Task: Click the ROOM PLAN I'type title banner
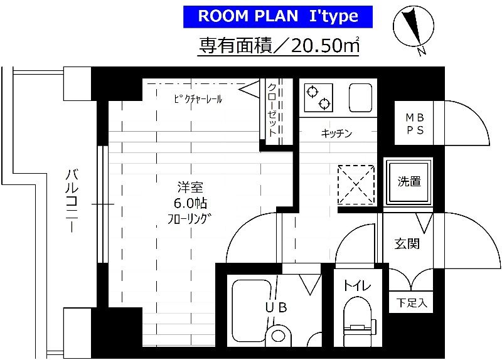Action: click(279, 16)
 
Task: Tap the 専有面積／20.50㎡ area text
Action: click(279, 45)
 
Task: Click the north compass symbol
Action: click(411, 29)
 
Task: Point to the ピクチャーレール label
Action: click(198, 99)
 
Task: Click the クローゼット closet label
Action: click(272, 110)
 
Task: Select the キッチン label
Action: click(336, 133)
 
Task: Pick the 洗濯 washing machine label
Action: click(409, 182)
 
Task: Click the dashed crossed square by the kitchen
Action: click(356, 184)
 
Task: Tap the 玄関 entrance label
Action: click(407, 243)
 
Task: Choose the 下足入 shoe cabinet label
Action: click(411, 304)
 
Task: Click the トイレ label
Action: click(356, 286)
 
